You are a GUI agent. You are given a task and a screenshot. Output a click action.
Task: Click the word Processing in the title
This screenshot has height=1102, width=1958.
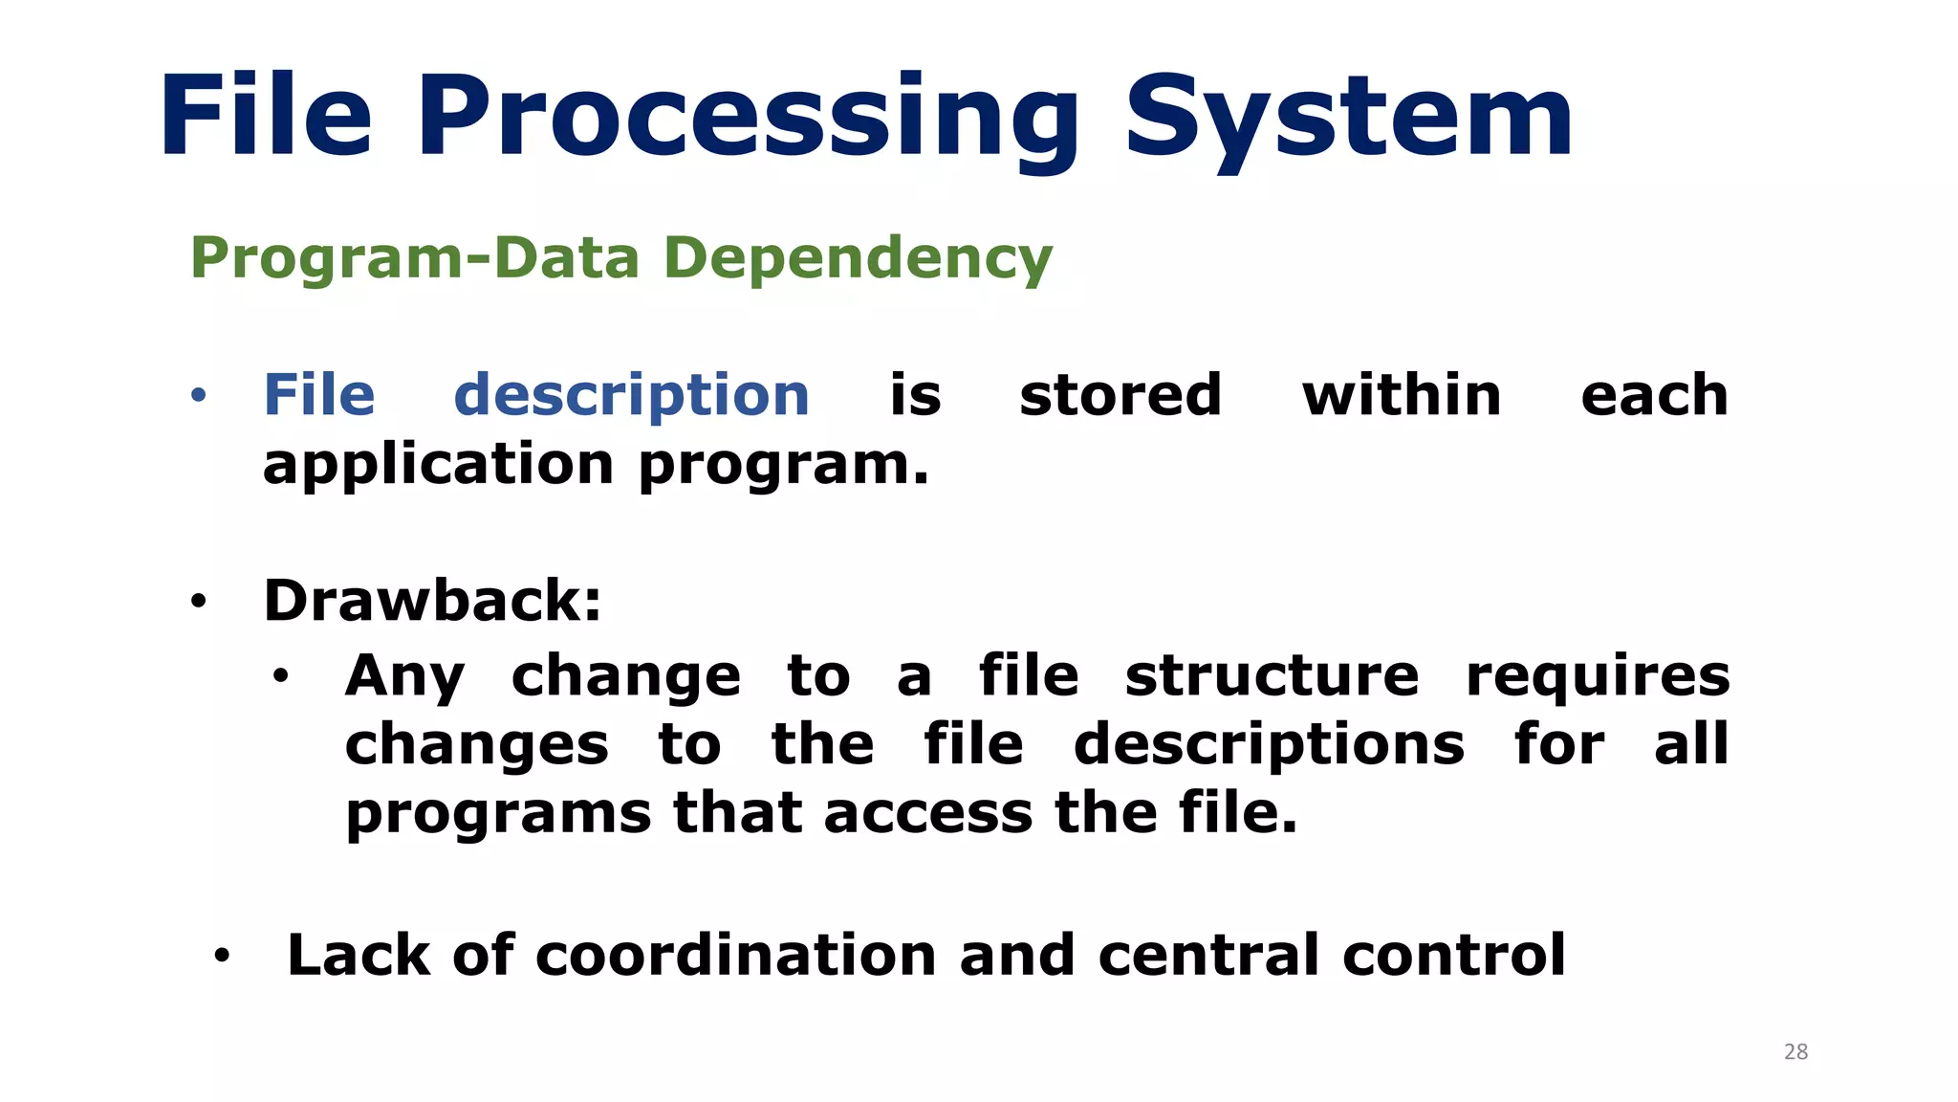click(x=748, y=119)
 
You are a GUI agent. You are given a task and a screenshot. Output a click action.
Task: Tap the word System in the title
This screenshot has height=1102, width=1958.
click(x=1348, y=119)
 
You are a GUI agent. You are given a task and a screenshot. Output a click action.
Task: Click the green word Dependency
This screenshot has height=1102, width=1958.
click(x=858, y=259)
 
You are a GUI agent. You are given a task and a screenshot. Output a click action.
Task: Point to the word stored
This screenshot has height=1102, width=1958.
click(x=1120, y=395)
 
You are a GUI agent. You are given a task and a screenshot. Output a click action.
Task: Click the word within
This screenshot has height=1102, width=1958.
click(x=1402, y=395)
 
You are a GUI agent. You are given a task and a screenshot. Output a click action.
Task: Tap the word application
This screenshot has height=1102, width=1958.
click(x=438, y=466)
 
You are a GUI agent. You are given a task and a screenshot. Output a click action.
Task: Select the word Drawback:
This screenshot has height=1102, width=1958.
click(x=432, y=601)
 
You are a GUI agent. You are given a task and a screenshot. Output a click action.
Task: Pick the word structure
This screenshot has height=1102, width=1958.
click(x=1272, y=676)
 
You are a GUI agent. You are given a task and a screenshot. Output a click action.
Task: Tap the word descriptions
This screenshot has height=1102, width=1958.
click(x=1269, y=746)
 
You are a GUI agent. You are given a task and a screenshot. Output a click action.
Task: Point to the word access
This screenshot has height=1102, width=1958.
click(x=927, y=814)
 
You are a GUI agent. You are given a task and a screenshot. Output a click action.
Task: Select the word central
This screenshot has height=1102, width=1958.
click(x=1208, y=955)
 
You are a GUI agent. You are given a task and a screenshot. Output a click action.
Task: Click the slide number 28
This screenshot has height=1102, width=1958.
click(x=1795, y=1052)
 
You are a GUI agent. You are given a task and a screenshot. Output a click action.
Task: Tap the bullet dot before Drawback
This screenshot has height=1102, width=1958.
click(x=198, y=602)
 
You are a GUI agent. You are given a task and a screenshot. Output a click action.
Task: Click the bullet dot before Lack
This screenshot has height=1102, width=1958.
click(x=222, y=955)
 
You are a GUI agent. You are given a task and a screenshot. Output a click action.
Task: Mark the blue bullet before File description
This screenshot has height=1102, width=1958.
click(x=198, y=396)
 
